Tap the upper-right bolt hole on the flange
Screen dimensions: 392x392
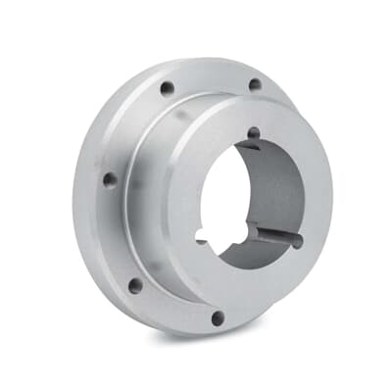tap(255, 85)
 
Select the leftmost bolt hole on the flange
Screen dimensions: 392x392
tap(110, 180)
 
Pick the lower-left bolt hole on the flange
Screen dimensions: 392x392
tap(135, 285)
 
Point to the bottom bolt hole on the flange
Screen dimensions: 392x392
tap(218, 317)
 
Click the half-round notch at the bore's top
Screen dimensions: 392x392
tap(254, 133)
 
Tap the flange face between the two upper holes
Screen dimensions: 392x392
tap(211, 76)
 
